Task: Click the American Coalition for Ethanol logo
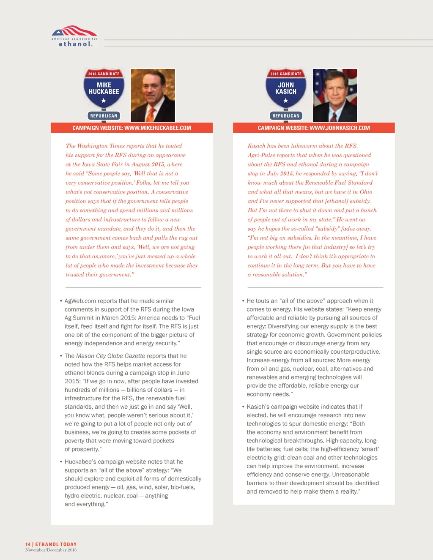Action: coord(74,36)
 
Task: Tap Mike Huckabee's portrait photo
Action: coord(153,95)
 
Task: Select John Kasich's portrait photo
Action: coord(335,95)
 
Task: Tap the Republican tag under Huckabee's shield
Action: coord(104,116)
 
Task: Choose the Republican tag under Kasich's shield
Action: coord(286,116)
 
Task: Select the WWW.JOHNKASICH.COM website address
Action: coord(340,128)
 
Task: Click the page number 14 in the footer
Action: coord(28,544)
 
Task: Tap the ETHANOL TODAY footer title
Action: coord(56,544)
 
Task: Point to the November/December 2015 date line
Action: coord(51,550)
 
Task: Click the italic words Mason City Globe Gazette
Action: coord(110,356)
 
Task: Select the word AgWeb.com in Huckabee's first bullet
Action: coord(80,301)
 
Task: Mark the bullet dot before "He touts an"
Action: coord(243,301)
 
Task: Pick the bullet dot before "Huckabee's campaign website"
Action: coord(61,462)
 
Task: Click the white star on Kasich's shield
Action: coord(286,101)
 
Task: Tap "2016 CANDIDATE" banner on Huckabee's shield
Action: coord(104,74)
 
